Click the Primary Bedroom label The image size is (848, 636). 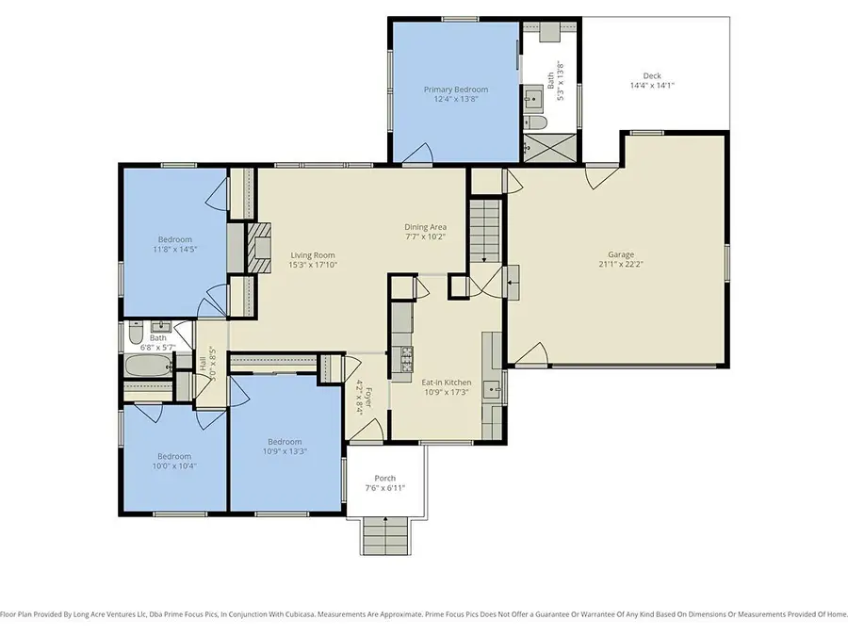(x=456, y=89)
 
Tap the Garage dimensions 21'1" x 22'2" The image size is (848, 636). (x=620, y=264)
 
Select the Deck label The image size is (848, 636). (x=652, y=75)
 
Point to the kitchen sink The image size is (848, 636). (x=491, y=387)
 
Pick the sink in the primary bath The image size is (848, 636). (x=532, y=96)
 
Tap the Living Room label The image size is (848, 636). (x=312, y=255)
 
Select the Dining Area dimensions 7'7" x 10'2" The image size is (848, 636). (x=425, y=236)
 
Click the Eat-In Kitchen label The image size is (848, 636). (x=446, y=382)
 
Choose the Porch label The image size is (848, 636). (x=384, y=478)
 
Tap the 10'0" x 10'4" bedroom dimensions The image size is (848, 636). (x=174, y=465)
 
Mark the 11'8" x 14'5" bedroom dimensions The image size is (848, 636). (x=174, y=250)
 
